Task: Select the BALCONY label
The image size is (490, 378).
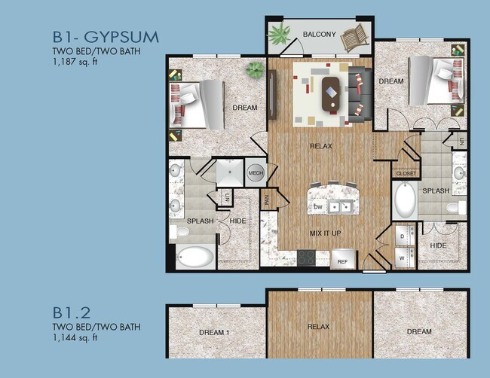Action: coord(319,35)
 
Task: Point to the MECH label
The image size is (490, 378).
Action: coord(255,172)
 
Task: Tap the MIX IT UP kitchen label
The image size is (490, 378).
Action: coord(326,233)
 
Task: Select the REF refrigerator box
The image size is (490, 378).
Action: coord(341,261)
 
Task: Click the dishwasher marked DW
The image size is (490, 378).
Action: coord(319,206)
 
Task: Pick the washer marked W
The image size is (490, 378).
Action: coord(402,257)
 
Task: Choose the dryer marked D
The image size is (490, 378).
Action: coord(402,236)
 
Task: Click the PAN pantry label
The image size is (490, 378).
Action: coord(267,201)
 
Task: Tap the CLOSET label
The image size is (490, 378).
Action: coord(406,174)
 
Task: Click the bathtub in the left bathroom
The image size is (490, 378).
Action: coord(195,258)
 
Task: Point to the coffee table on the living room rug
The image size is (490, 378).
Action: coord(330,94)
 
